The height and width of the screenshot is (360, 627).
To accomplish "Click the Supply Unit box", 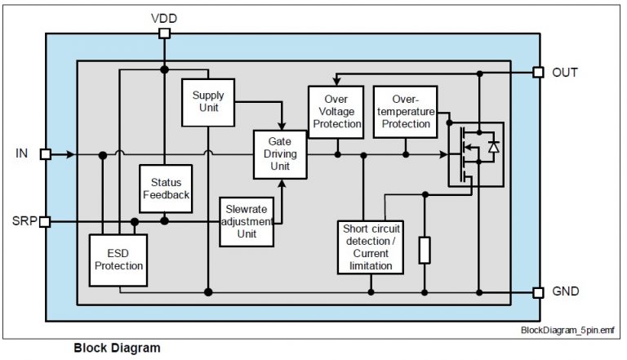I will point(208,102).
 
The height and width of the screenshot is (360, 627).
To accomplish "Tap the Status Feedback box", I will point(166,189).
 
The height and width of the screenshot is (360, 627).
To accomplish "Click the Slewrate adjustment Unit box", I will point(247,221).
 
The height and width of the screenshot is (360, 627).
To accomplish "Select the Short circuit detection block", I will point(370,247).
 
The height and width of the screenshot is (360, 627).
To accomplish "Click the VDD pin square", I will point(164,33).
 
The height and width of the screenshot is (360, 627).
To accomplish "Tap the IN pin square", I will point(46,153).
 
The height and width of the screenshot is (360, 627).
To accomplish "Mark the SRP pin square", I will point(46,220).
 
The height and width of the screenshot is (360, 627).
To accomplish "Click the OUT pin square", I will point(538,72).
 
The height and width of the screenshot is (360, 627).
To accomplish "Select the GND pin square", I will point(538,291).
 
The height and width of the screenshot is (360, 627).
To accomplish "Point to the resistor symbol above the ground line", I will point(425,250).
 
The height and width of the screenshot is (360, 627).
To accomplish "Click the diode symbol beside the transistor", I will point(492,148).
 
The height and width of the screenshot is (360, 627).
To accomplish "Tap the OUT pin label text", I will point(566,73).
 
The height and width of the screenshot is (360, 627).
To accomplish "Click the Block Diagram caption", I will point(117,347).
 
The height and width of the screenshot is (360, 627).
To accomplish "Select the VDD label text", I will point(164,17).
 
